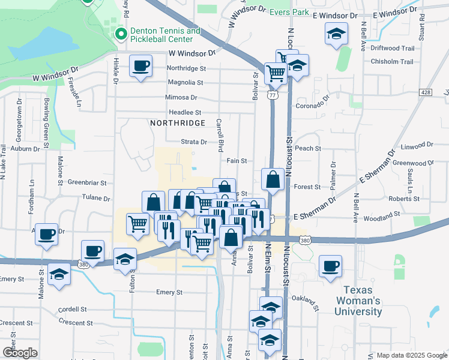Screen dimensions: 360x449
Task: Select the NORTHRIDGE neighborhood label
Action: point(178,122)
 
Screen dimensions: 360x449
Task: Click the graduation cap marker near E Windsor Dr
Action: point(336,34)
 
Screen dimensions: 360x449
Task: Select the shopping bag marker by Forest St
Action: point(273,179)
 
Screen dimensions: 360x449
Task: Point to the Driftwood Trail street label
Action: point(393,49)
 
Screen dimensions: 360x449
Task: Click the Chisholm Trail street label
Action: point(392,62)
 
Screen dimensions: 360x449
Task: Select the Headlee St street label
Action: point(184,112)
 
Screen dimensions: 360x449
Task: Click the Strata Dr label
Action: point(194,142)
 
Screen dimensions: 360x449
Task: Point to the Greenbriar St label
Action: point(87,182)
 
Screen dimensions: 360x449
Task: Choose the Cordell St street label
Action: point(73,310)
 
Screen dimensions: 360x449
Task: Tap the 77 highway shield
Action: point(273,95)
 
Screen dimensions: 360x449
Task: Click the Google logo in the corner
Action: point(20,353)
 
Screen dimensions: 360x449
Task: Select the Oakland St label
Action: point(303,298)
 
